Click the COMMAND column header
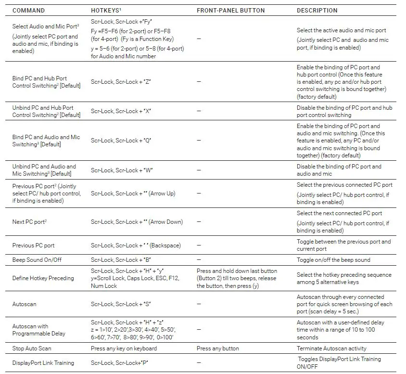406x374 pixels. (28, 11)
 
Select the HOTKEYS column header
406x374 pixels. (106, 11)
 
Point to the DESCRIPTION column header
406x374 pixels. (317, 11)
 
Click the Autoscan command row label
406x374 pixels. (24, 304)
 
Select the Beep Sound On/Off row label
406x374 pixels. (37, 260)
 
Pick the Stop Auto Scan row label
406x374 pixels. (32, 348)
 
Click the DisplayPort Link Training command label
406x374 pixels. (43, 363)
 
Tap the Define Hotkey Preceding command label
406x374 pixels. (43, 278)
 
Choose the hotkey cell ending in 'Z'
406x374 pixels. (121, 82)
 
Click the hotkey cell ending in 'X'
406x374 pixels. (121, 111)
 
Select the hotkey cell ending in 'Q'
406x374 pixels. (121, 141)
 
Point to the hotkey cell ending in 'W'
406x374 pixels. (122, 170)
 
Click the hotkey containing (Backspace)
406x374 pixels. (136, 245)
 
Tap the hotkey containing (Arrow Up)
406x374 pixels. (133, 193)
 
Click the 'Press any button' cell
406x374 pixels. (217, 348)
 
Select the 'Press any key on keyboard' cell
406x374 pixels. (124, 348)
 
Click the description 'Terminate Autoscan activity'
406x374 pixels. (331, 348)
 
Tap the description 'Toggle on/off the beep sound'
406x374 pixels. (333, 260)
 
